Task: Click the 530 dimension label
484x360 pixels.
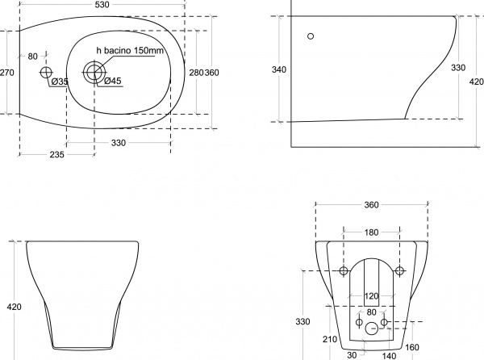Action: pyautogui.click(x=102, y=5)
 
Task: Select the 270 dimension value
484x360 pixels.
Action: pyautogui.click(x=6, y=73)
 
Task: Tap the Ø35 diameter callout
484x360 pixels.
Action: pyautogui.click(x=60, y=82)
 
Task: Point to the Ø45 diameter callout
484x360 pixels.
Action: pyautogui.click(x=113, y=81)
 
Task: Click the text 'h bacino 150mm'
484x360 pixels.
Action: pyautogui.click(x=130, y=50)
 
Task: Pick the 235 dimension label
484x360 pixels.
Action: pyautogui.click(x=57, y=154)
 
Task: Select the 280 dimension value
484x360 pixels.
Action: pyautogui.click(x=196, y=73)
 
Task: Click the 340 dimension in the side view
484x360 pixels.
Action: pyautogui.click(x=279, y=69)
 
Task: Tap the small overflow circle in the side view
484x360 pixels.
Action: pyautogui.click(x=311, y=36)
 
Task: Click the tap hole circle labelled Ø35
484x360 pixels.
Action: pyautogui.click(x=46, y=73)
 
